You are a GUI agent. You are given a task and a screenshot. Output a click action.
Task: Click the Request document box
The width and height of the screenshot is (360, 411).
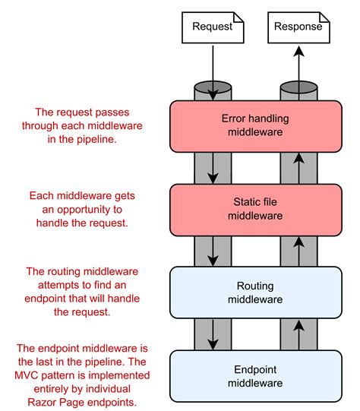[212, 27]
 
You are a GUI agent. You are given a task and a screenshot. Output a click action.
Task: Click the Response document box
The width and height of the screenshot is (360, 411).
[298, 27]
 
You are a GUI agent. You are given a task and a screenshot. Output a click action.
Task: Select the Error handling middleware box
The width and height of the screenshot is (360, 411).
[252, 126]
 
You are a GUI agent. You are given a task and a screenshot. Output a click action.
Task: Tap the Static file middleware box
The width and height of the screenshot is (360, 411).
[252, 209]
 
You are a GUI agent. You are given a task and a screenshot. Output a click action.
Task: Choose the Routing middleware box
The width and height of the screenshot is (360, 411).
[252, 292]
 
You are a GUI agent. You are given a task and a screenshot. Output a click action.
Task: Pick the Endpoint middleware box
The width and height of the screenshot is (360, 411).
[252, 375]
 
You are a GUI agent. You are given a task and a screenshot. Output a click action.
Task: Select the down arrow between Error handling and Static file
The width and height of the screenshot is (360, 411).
[213, 168]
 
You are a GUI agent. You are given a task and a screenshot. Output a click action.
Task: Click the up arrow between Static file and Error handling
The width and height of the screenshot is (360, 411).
[298, 168]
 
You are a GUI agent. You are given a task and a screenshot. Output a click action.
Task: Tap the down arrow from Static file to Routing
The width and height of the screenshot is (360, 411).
[213, 251]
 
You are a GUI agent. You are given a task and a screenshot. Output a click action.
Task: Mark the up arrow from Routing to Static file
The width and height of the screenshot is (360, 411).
[298, 251]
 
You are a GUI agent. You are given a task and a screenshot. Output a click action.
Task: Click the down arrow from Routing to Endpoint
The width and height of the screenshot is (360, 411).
[213, 334]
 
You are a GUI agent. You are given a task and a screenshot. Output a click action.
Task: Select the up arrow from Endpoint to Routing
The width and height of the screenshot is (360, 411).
[298, 334]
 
